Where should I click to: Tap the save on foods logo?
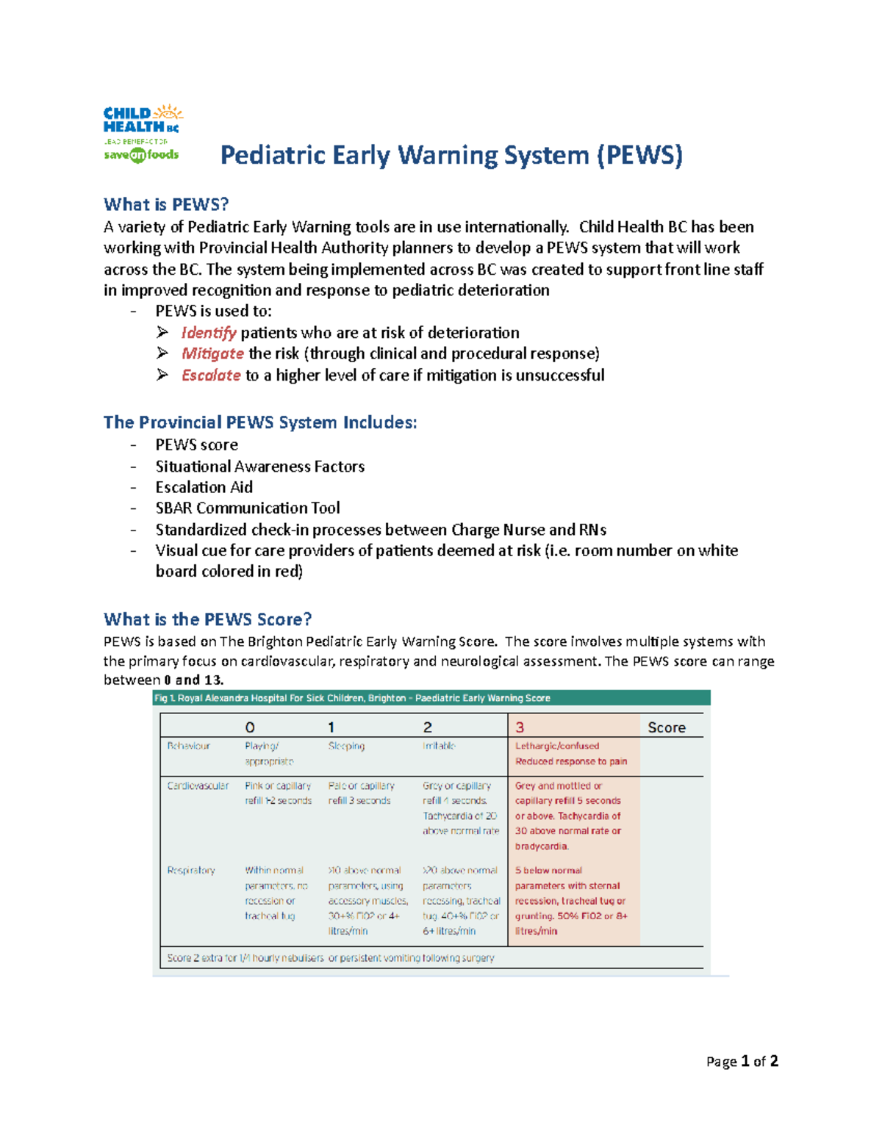[141, 155]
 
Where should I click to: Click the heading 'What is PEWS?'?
[166, 204]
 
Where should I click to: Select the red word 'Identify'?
[209, 333]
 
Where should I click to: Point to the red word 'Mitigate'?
[212, 353]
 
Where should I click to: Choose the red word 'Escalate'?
[211, 375]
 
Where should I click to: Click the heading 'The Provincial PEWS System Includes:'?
[260, 422]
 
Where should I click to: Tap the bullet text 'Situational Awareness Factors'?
[259, 467]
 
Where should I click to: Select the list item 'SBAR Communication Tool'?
[247, 508]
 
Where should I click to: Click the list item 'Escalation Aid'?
[204, 487]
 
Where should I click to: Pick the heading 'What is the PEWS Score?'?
[207, 619]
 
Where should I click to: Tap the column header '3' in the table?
[520, 727]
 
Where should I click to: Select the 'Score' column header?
[666, 727]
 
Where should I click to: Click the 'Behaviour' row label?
[188, 746]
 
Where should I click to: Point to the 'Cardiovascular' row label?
[198, 786]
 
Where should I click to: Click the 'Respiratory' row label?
[191, 871]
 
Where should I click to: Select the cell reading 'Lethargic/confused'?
[556, 746]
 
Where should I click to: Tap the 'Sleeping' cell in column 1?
[346, 746]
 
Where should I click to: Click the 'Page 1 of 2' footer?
[742, 1062]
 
